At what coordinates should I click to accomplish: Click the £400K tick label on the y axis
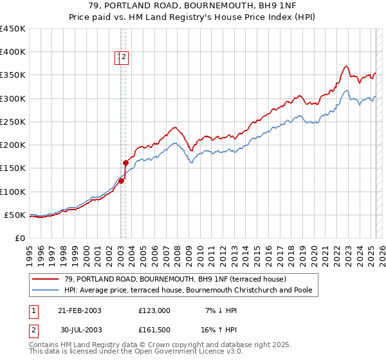(x=13, y=52)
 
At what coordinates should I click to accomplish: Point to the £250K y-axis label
(x=13, y=122)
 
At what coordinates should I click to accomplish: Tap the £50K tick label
(x=15, y=215)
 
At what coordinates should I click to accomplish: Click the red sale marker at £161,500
(x=126, y=163)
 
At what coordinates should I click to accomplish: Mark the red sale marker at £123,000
(x=121, y=181)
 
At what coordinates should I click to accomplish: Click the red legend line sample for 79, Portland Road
(x=46, y=279)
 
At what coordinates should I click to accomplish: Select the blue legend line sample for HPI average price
(x=46, y=290)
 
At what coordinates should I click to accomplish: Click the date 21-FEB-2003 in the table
(x=80, y=310)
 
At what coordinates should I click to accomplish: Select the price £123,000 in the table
(x=154, y=310)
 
